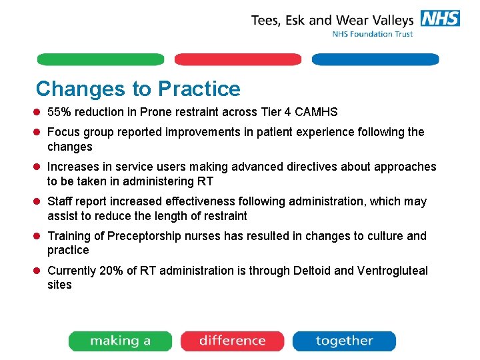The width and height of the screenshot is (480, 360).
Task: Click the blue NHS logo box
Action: point(440,18)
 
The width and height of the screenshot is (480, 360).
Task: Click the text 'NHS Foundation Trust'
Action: point(373,34)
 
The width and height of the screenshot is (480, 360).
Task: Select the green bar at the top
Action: point(101,59)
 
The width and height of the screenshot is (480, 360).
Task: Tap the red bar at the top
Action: point(238,59)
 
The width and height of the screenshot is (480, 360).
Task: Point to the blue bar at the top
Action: point(375,59)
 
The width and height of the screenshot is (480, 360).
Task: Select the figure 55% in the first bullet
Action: point(59,112)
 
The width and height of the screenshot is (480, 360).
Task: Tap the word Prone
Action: point(155,112)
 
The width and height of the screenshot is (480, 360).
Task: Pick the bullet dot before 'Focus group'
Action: point(39,133)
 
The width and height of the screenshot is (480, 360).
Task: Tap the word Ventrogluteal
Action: point(393,271)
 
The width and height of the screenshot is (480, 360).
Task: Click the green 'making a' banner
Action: point(120,341)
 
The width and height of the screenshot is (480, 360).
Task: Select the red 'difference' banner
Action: point(232,341)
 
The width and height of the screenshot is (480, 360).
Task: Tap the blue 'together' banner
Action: point(344,341)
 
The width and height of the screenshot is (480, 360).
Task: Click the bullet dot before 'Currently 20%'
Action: point(39,271)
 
